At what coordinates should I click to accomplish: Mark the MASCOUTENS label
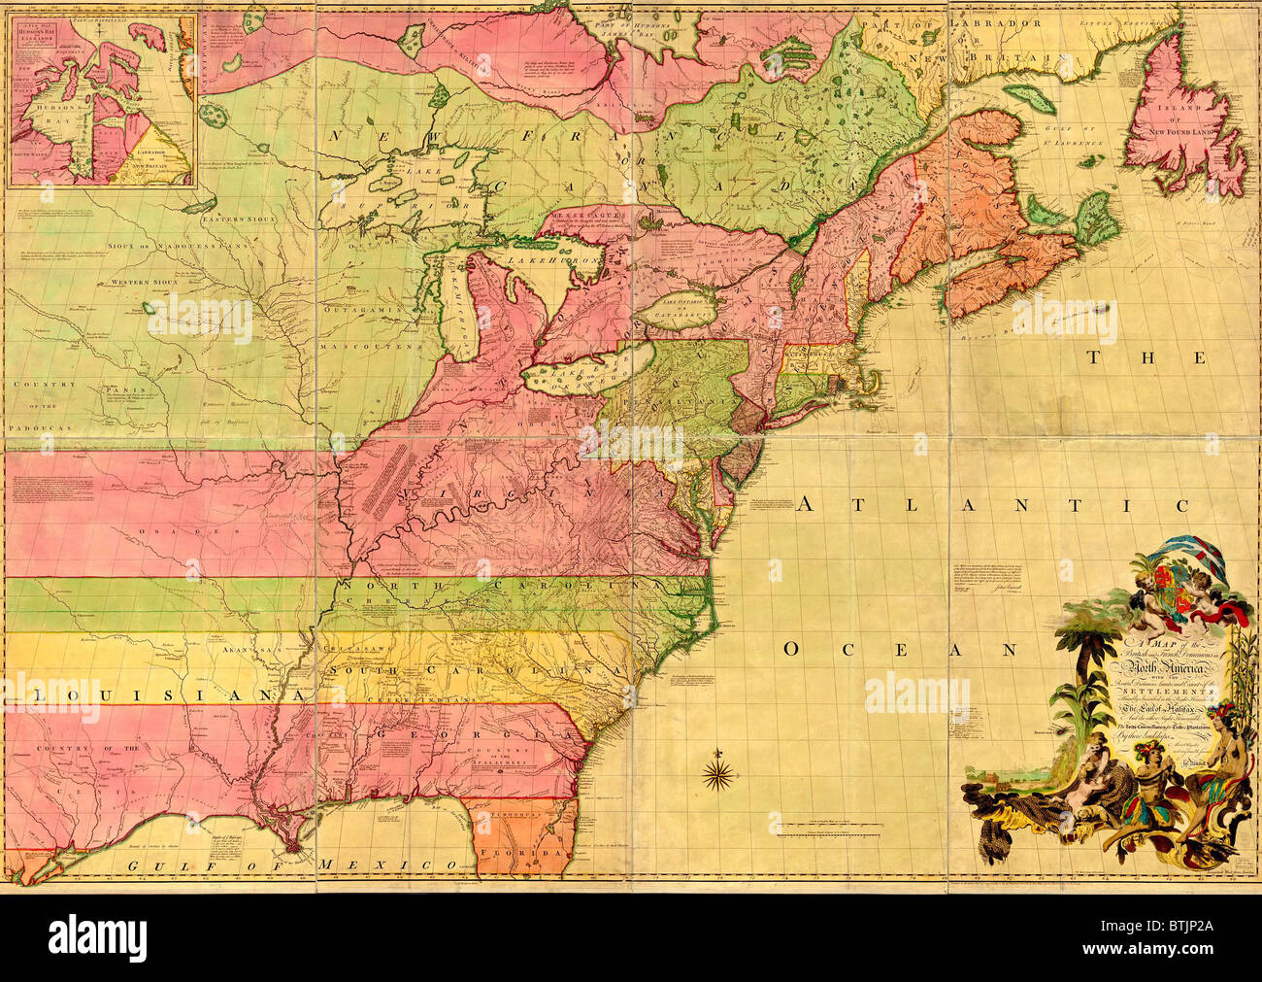(x=382, y=344)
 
